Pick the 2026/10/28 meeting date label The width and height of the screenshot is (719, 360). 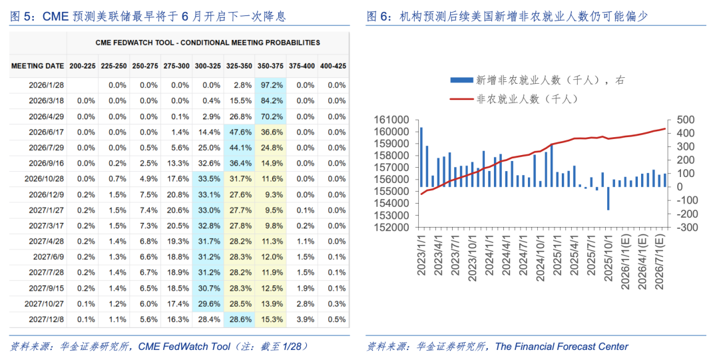click(43, 178)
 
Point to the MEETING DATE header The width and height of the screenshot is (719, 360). click(38, 66)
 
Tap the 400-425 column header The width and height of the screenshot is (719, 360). click(333, 66)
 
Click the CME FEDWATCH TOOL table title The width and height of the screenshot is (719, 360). click(207, 43)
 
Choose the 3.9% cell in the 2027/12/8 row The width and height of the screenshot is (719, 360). click(304, 319)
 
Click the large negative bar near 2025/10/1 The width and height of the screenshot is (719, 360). click(608, 198)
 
